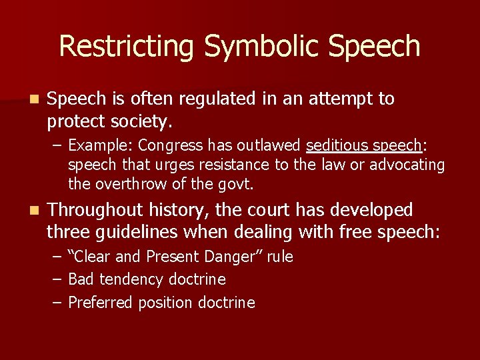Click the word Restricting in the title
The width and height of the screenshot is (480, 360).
tap(127, 47)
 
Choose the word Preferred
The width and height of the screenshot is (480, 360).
tap(101, 303)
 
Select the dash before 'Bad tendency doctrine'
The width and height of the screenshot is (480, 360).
tap(57, 279)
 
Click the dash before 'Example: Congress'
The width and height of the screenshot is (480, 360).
tap(57, 145)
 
